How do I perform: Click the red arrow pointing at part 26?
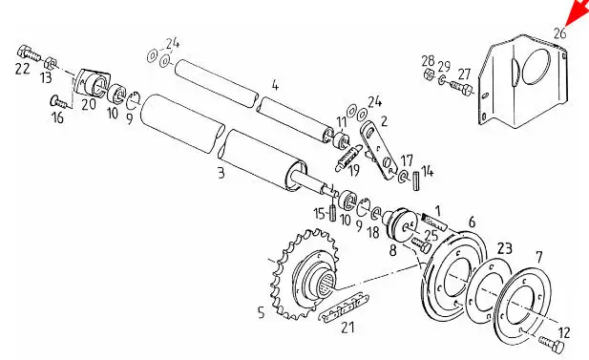click(578, 12)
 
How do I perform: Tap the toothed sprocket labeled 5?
click(305, 273)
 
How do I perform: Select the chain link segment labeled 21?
click(343, 307)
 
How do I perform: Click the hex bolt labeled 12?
click(552, 344)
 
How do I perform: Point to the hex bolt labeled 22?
click(29, 53)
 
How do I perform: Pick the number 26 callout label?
click(559, 33)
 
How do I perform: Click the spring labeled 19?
click(347, 158)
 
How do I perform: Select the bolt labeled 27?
click(461, 89)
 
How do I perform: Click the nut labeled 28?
click(429, 74)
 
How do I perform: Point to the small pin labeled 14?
click(416, 180)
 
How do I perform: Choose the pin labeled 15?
click(332, 213)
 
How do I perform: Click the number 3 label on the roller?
click(221, 173)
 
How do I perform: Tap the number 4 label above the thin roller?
click(275, 86)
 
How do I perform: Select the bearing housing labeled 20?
click(92, 82)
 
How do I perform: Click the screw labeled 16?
click(58, 101)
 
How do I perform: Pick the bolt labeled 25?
click(422, 244)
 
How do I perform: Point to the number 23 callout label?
click(504, 248)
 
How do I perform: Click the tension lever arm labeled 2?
click(379, 150)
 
